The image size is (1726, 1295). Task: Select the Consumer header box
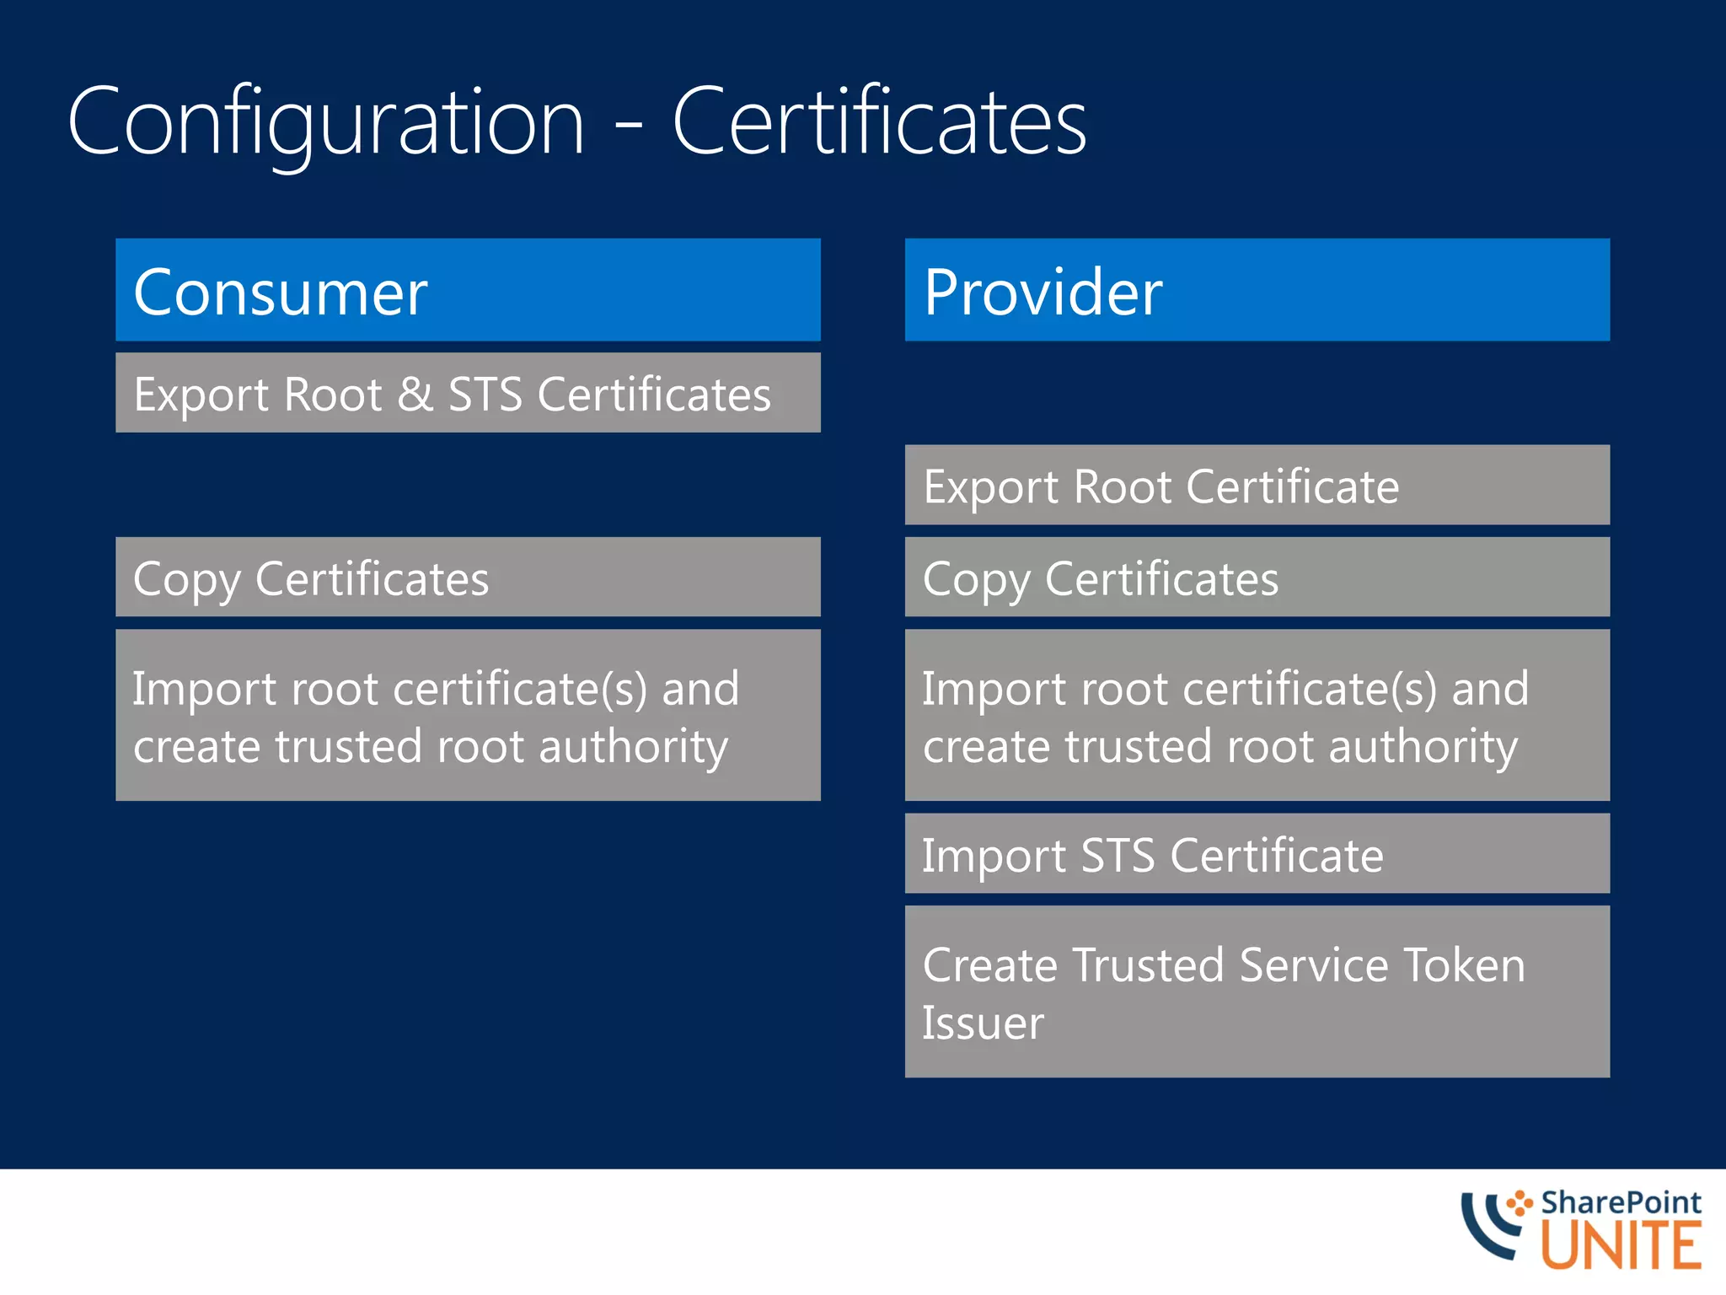point(468,290)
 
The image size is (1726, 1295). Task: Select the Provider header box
point(1257,290)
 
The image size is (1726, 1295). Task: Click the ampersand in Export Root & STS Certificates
point(415,395)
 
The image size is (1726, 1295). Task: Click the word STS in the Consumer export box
point(485,395)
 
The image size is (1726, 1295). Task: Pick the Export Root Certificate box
point(1257,486)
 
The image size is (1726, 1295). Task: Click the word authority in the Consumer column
point(633,748)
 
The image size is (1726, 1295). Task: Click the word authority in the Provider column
point(1423,748)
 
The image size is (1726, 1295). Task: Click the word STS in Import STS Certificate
point(1118,856)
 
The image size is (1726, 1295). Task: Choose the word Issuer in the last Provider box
point(983,1024)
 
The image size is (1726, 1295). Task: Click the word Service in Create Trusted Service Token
point(1314,965)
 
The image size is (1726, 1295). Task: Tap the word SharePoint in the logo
point(1620,1202)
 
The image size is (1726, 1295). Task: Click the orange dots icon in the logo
point(1520,1202)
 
